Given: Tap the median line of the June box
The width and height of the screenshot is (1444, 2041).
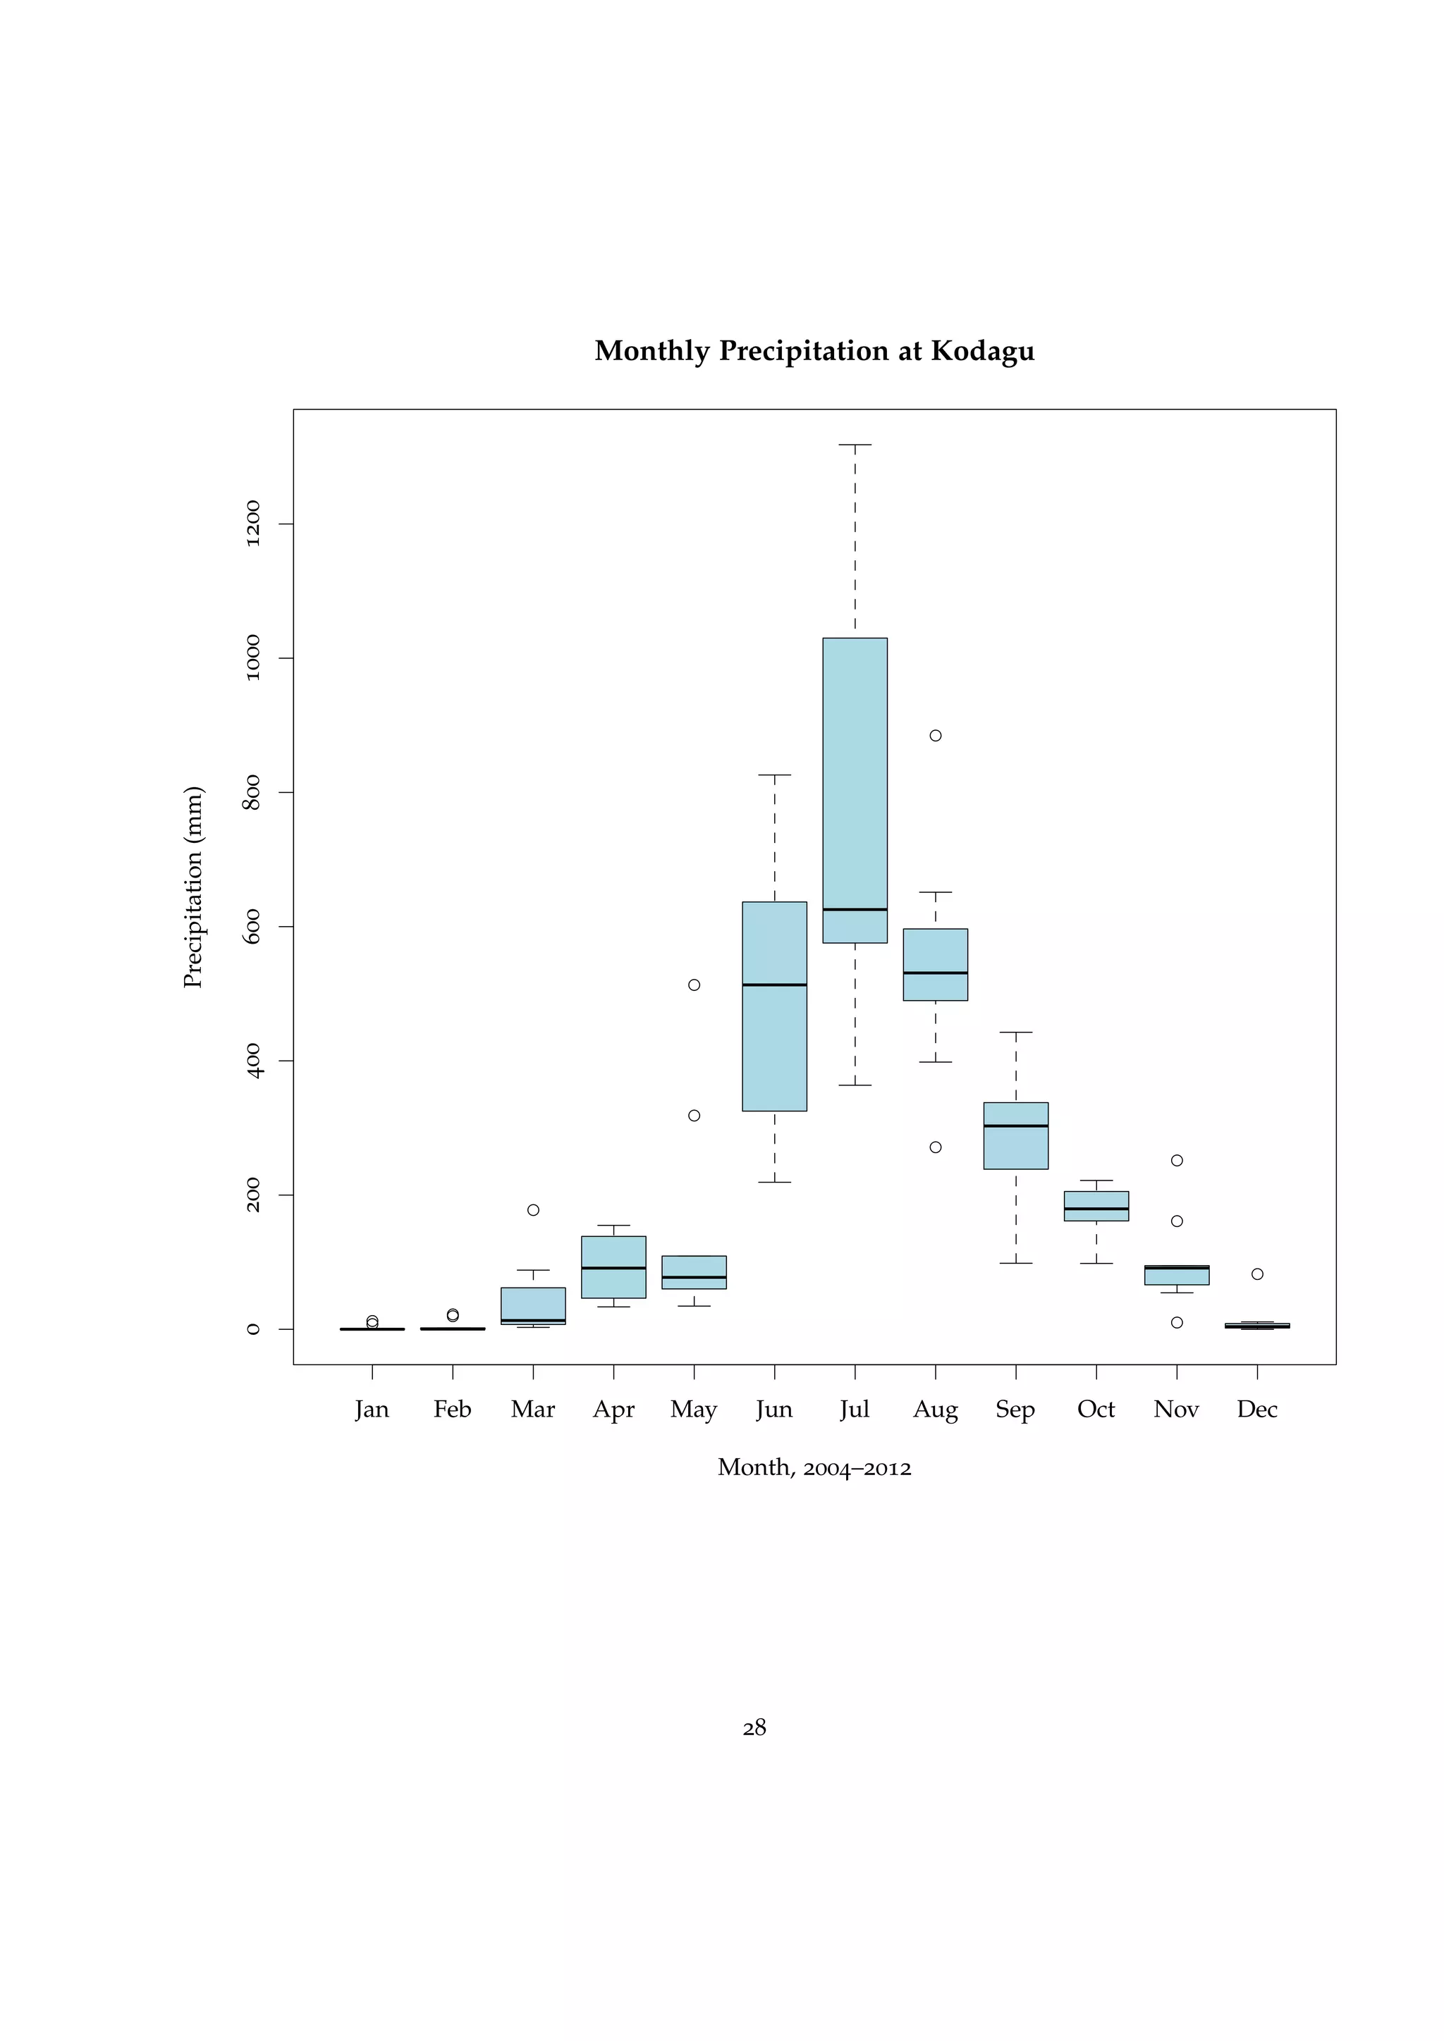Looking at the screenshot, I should tap(774, 985).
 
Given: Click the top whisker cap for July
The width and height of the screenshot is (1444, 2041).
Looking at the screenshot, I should tap(855, 445).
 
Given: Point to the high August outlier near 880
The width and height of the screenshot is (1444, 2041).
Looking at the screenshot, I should tap(936, 735).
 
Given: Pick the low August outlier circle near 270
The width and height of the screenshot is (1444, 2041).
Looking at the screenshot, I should tap(936, 1147).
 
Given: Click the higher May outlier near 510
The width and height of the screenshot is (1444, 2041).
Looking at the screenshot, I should tap(695, 985).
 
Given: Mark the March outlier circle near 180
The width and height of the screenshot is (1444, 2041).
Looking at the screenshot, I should tap(534, 1210).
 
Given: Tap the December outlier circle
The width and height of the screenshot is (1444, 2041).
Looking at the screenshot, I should tap(1257, 1274).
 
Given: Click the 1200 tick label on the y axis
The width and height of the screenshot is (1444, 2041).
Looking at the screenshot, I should tap(253, 524).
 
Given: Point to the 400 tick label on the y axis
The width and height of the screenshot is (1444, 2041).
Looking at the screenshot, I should tap(253, 1061).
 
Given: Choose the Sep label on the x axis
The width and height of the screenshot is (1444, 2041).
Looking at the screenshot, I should tap(1015, 1410).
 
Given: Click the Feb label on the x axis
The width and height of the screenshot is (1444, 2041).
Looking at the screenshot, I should tap(453, 1409).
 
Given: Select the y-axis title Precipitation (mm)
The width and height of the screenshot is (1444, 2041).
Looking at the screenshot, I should tap(194, 887).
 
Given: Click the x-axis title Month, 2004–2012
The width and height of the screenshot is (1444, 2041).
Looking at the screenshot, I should tap(814, 1467).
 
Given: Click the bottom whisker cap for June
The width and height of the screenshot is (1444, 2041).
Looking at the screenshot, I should tap(774, 1183).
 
